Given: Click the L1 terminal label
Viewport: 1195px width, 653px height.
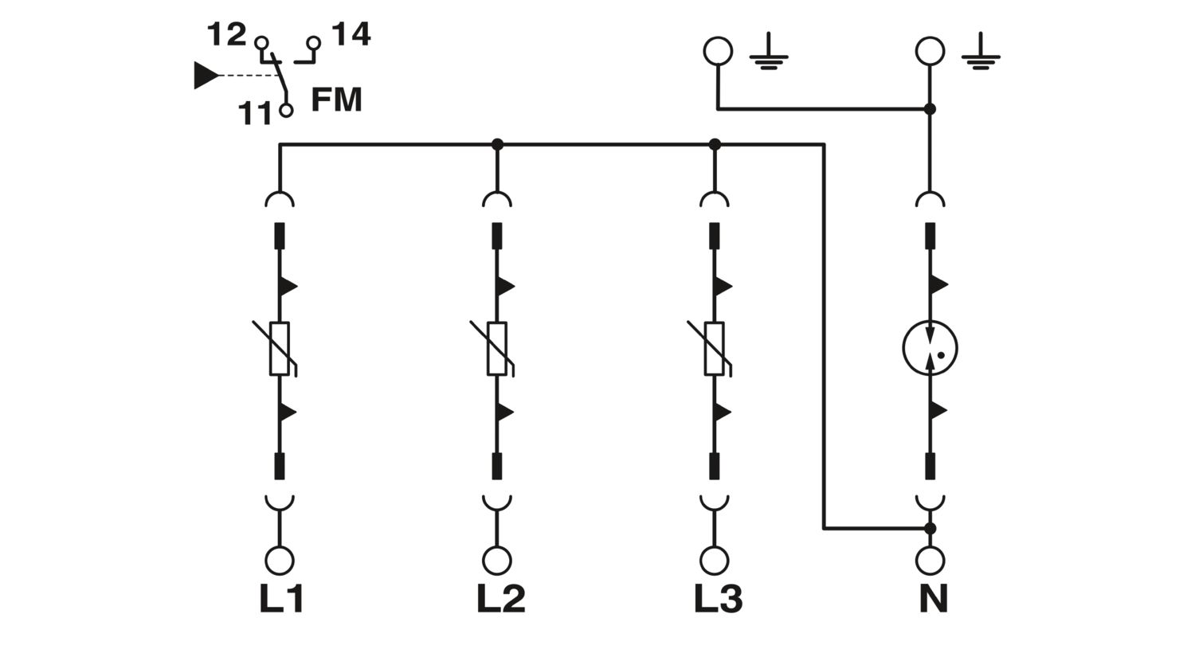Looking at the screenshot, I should click(x=281, y=599).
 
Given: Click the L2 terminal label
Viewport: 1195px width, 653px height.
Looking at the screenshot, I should click(x=500, y=599).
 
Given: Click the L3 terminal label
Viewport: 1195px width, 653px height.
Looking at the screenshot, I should click(x=718, y=599).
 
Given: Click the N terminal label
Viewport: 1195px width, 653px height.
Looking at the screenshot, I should click(x=933, y=599).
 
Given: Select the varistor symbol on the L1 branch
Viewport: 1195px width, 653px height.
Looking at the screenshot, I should click(x=279, y=348).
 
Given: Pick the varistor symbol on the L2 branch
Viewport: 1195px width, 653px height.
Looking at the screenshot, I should click(x=496, y=348).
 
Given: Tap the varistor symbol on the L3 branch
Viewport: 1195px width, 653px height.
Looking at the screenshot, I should click(x=714, y=348).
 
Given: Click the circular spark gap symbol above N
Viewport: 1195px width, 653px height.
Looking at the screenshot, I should click(x=930, y=348).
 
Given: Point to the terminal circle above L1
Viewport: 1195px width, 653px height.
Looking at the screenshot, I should click(x=279, y=561).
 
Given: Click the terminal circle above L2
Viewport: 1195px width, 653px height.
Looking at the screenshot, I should click(x=496, y=561).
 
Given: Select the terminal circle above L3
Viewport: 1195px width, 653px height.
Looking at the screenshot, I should click(x=714, y=561).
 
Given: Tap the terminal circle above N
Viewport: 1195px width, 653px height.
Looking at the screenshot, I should click(x=930, y=561).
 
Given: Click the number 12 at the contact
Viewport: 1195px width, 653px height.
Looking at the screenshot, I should click(x=226, y=35).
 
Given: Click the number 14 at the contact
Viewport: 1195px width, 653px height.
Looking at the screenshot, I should click(x=351, y=35).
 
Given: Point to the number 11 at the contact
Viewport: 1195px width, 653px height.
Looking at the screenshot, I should click(x=256, y=114).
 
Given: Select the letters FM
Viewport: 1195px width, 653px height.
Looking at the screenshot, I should click(x=336, y=100).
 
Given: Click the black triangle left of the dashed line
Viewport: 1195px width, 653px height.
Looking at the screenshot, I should click(x=206, y=76).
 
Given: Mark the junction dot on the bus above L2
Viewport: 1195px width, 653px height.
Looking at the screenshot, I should click(x=497, y=144).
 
